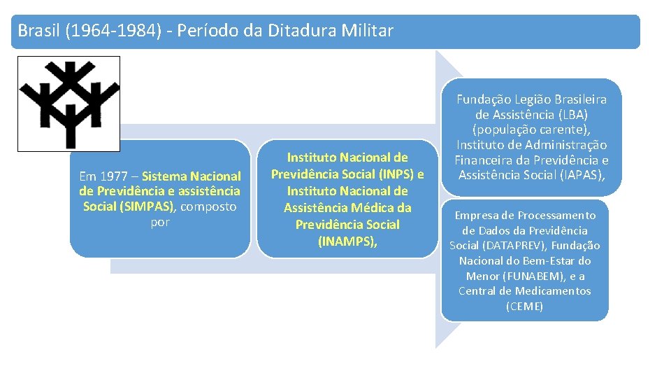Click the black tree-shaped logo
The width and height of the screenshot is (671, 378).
pos(69,104)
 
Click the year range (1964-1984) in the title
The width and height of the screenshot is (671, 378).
pos(117,31)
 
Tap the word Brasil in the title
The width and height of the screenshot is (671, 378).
pos(38,31)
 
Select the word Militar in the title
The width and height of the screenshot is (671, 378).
pos(368,31)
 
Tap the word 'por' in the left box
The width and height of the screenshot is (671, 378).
pos(160,222)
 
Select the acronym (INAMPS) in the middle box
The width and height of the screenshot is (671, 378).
pos(347,241)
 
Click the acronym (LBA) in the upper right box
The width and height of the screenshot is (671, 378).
pos(573,115)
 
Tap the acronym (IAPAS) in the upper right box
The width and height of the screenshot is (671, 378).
pos(579,176)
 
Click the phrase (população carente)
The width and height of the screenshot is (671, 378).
pos(531,130)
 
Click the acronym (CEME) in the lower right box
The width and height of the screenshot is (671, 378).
pos(524,307)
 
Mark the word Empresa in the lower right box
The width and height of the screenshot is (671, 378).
pos(477,215)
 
